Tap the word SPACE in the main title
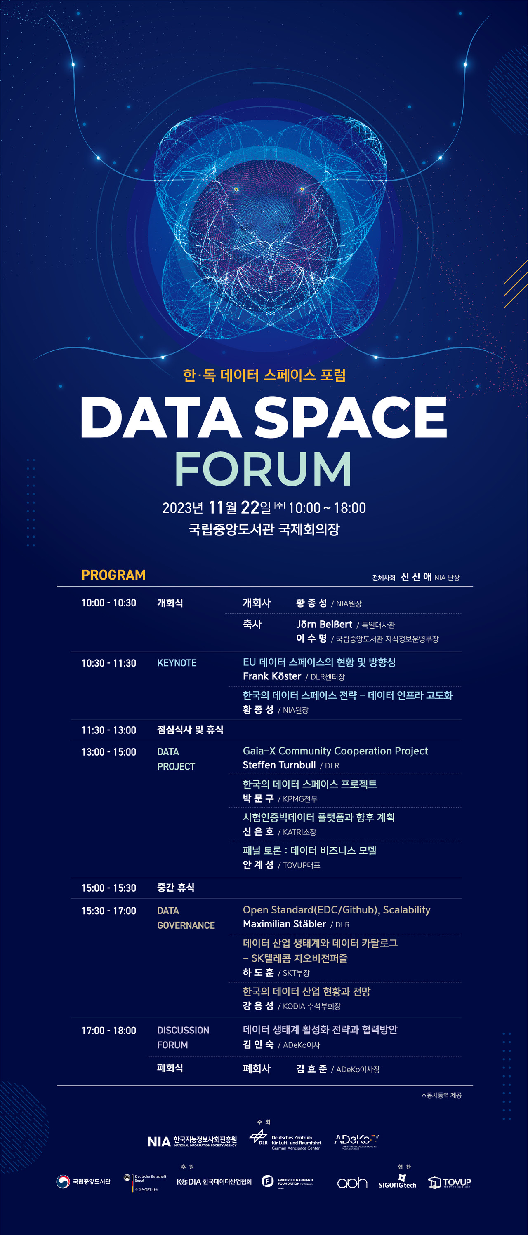[x=350, y=417]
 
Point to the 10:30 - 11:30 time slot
[x=109, y=663]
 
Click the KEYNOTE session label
[x=177, y=663]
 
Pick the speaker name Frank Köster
[x=272, y=676]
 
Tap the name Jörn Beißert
[x=324, y=624]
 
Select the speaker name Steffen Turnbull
[x=279, y=765]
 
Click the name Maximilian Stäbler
[x=284, y=924]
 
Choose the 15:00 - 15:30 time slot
[x=109, y=888]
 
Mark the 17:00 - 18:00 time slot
[x=109, y=1030]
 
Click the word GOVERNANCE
[x=186, y=925]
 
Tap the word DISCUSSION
[x=183, y=1030]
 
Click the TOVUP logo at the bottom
[x=449, y=1183]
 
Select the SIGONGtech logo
[x=397, y=1182]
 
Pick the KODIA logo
[x=214, y=1182]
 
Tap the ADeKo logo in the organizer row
[x=356, y=1140]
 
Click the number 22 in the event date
[x=250, y=507]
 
